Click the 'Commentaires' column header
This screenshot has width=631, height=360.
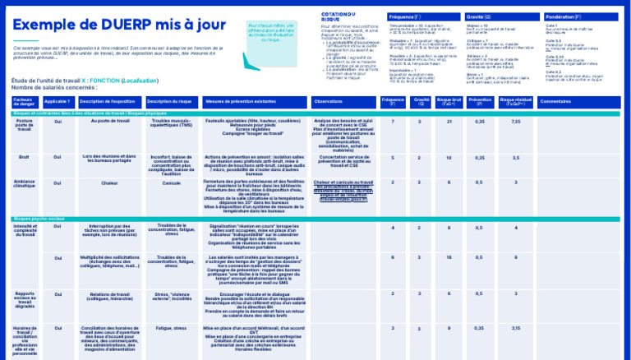tap(555, 102)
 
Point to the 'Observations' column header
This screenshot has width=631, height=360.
tap(329, 102)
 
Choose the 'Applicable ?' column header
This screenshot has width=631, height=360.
tap(58, 102)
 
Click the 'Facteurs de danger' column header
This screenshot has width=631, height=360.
tap(25, 102)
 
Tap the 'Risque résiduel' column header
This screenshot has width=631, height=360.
tap(515, 102)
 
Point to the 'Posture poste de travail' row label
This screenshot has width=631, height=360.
tap(25, 125)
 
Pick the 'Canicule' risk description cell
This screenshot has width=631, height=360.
tap(172, 182)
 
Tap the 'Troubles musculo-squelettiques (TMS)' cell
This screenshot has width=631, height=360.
tap(172, 123)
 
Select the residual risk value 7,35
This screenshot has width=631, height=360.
tap(515, 122)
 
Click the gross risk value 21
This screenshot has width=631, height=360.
tap(449, 122)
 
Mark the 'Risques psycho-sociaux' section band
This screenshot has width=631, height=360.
tap(41, 219)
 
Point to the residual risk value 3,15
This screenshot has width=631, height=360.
tap(515, 328)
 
